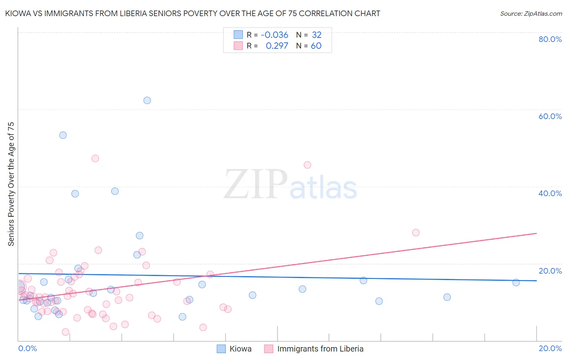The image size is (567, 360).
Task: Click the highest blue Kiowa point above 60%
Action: (x=147, y=100)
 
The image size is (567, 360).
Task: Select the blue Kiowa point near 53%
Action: (x=63, y=135)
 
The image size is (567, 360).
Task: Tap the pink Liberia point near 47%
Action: (x=95, y=158)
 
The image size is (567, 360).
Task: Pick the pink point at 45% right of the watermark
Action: (x=307, y=165)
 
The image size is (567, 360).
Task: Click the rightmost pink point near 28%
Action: (x=416, y=232)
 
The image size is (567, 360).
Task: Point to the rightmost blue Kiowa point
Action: (x=516, y=283)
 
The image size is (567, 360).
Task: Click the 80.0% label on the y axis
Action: (x=550, y=39)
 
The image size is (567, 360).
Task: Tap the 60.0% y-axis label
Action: (x=550, y=116)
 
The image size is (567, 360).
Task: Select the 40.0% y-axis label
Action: (x=550, y=193)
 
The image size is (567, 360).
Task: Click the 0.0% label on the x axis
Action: (x=27, y=348)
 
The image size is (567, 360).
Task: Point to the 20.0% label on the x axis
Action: (x=550, y=348)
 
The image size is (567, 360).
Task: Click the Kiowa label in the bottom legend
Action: (x=240, y=349)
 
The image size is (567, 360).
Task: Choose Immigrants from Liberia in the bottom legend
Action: (x=320, y=349)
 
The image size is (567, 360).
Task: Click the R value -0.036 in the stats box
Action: (x=274, y=35)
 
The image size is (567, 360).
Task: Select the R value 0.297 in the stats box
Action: (x=277, y=46)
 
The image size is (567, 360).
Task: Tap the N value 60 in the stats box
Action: (x=316, y=46)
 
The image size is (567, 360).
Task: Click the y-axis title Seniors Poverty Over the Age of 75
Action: (x=11, y=184)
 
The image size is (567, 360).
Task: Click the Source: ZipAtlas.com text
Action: (x=531, y=14)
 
